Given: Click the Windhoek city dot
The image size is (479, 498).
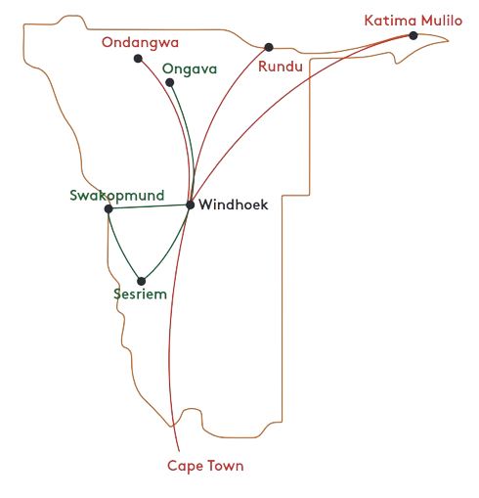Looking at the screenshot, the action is click(191, 204).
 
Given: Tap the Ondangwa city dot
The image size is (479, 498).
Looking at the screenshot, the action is click(138, 59).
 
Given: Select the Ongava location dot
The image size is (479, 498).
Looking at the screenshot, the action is click(170, 82).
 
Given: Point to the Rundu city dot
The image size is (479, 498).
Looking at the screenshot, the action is click(269, 47).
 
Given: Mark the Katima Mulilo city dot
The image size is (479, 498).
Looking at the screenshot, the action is click(414, 35).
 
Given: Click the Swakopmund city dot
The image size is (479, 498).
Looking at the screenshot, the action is click(109, 208).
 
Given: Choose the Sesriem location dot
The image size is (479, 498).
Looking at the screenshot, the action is click(141, 281).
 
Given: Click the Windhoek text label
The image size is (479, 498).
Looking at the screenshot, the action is click(234, 204).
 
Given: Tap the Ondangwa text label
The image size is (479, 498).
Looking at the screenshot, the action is click(140, 43).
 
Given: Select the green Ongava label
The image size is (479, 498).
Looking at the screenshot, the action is click(190, 69).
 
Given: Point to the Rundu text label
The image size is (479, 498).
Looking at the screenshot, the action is click(281, 67).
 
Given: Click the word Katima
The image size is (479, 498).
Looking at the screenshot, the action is click(390, 21).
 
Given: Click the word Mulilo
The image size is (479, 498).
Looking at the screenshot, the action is click(442, 21).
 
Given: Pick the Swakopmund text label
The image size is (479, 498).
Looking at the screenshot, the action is click(117, 196).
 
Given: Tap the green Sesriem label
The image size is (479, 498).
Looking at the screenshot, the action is click(140, 294).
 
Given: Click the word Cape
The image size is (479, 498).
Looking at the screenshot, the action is click(185, 467).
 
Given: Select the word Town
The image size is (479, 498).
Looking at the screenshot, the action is click(225, 466).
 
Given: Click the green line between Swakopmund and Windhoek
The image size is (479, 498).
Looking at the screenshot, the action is click(150, 206).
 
